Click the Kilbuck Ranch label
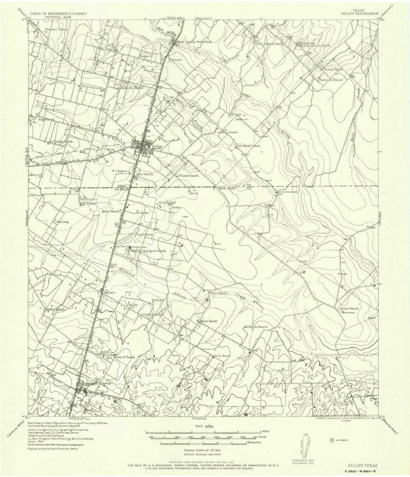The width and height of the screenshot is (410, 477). (x=256, y=327)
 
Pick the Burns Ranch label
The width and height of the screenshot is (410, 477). (x=349, y=308)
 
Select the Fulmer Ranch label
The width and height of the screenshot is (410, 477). (x=189, y=176)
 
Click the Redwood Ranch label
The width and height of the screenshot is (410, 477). (x=331, y=80)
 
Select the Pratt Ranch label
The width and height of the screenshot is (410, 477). (x=217, y=293)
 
